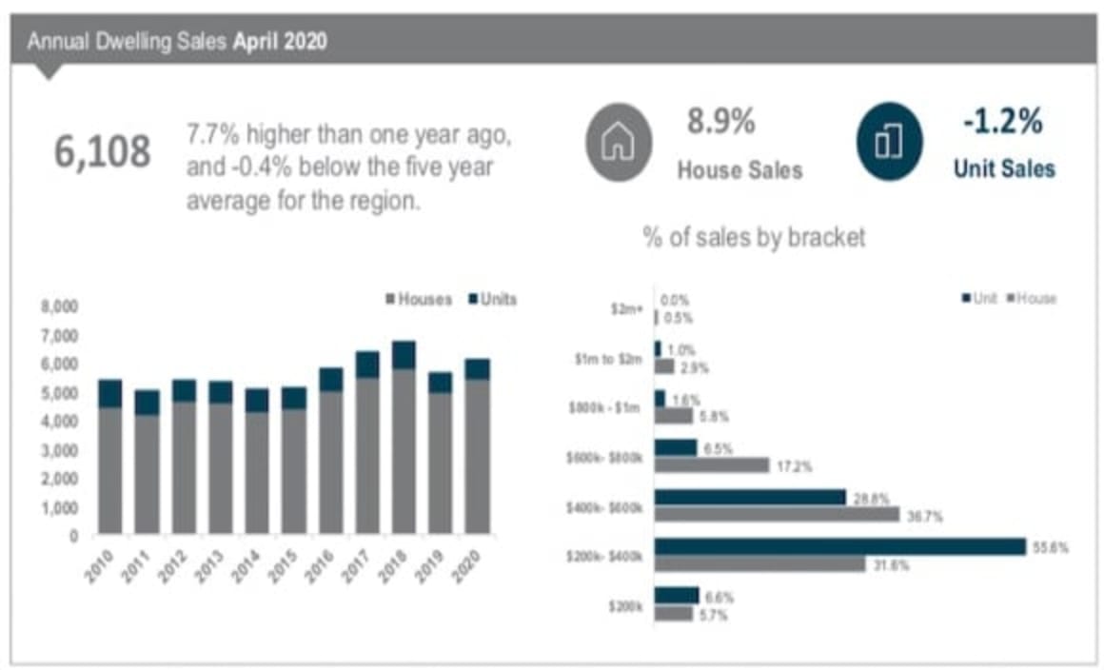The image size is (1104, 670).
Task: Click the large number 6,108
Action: [x=103, y=153]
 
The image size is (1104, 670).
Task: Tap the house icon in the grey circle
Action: [x=619, y=143]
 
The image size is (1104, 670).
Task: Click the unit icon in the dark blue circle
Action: [x=889, y=143]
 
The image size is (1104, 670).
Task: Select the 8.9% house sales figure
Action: [x=721, y=122]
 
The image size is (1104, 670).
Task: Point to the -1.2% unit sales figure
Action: [x=1003, y=122]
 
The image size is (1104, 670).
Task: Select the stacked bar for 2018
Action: [x=404, y=438]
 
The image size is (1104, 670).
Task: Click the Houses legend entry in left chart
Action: [x=419, y=299]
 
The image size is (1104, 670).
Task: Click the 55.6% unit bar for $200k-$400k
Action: [x=840, y=546]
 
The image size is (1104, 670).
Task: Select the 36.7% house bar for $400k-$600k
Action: [x=777, y=514]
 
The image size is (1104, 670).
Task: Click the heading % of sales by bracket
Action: [x=755, y=237]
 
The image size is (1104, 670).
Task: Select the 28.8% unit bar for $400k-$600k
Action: [x=750, y=497]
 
